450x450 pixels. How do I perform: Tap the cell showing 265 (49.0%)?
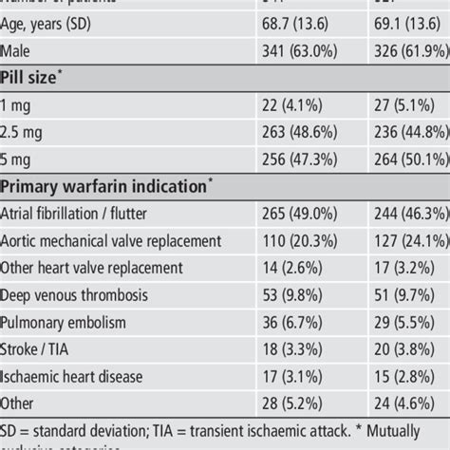(x=295, y=214)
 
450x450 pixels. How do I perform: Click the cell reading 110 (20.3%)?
(x=295, y=241)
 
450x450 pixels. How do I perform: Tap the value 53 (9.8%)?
(x=289, y=296)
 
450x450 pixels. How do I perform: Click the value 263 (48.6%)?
(x=295, y=130)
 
